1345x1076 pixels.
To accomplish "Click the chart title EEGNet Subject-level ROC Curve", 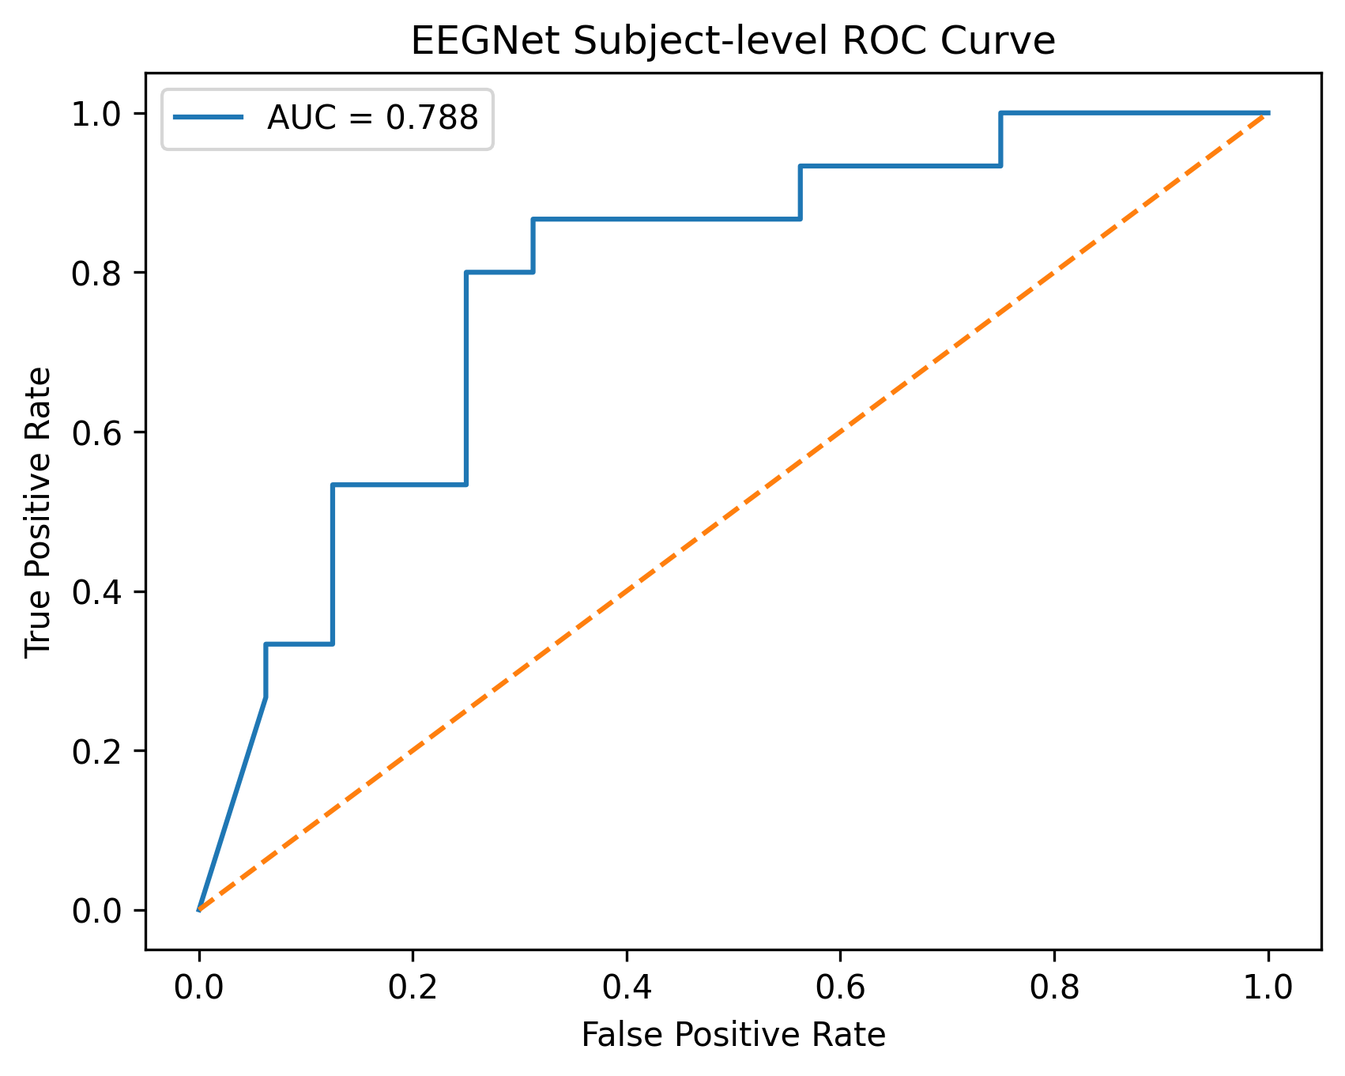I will pos(733,41).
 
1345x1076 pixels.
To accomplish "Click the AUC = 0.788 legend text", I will pos(372,118).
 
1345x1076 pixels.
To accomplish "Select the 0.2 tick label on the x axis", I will pos(413,988).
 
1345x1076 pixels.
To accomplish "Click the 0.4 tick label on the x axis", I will pos(627,988).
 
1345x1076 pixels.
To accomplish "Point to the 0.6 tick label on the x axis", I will pos(840,988).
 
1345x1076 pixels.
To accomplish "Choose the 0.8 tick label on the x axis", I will pos(1054,988).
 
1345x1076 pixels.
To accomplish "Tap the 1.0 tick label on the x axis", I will pos(1268,988).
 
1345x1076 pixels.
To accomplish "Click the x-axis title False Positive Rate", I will pos(733,1035).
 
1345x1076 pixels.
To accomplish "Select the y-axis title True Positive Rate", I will pos(38,512).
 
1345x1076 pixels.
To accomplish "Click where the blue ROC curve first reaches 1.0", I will pos(1000,113).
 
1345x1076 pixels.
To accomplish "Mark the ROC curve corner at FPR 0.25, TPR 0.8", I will pos(466,273).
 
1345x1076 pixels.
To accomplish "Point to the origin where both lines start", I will pos(198,910).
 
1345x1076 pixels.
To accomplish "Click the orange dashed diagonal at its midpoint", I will pos(733,512).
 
